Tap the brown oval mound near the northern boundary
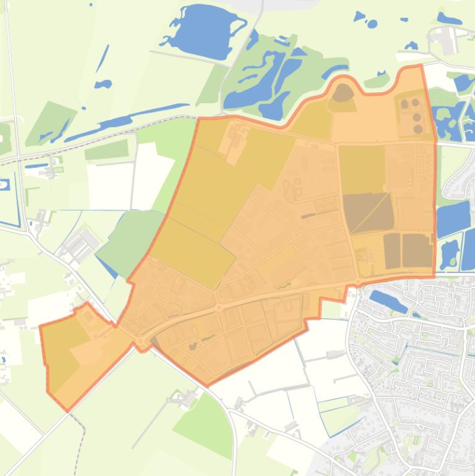click(343, 93)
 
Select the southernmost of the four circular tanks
click(418, 129)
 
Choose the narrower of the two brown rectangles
click(392, 250)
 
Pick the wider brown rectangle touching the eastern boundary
click(417, 250)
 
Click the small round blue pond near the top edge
click(372, 24)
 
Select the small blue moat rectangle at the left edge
click(6, 184)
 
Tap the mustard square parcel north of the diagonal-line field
click(361, 169)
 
